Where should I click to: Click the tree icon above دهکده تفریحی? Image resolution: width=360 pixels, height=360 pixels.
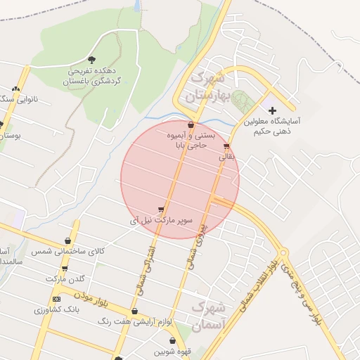[x=93, y=59]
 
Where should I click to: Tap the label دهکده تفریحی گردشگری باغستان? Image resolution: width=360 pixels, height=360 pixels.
[x=93, y=77]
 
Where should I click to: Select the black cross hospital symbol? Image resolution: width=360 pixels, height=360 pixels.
[x=273, y=110]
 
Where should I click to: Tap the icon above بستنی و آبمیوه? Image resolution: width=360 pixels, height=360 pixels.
[x=191, y=124]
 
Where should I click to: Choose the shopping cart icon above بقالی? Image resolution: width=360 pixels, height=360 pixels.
[x=226, y=147]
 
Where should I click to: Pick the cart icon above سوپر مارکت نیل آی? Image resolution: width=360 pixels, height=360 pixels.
[x=162, y=209]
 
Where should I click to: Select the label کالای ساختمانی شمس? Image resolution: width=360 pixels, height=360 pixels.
[x=77, y=251]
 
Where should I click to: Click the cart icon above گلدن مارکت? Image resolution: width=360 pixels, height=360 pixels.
[x=65, y=268]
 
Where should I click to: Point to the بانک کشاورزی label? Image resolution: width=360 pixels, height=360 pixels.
[x=58, y=309]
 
